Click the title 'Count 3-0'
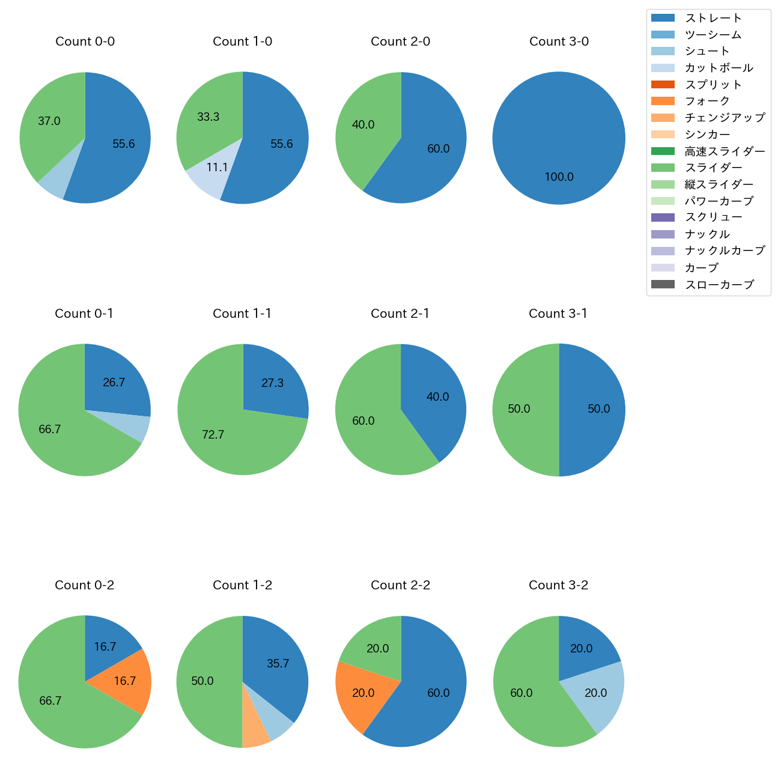[x=559, y=41]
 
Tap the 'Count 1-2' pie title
[x=243, y=585]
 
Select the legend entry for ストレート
[x=713, y=18]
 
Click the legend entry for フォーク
[x=707, y=101]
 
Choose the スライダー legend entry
[x=713, y=168]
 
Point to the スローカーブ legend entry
[x=719, y=284]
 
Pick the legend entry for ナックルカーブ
[x=725, y=251]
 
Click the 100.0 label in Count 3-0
[x=559, y=177]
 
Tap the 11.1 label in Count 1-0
[x=217, y=168]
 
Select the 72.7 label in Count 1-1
[x=213, y=434]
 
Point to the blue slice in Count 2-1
[x=436, y=400]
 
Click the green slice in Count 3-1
[x=523, y=410]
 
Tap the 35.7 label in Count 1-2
[x=278, y=664]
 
